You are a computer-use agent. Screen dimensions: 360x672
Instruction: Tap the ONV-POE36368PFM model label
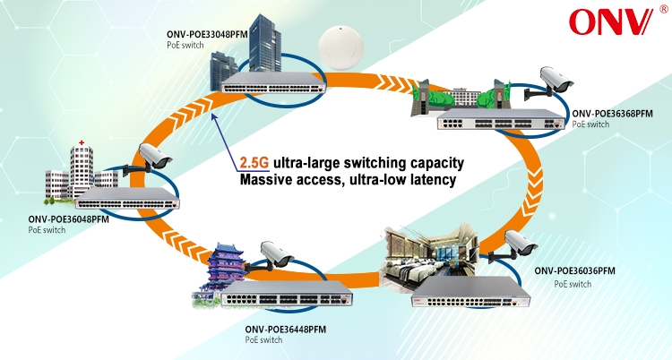pos(610,113)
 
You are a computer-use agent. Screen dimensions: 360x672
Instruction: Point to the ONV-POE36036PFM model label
pos(574,270)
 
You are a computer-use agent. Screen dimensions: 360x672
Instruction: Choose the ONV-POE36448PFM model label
pos(286,330)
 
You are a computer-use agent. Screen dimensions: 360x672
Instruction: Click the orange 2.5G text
pos(254,162)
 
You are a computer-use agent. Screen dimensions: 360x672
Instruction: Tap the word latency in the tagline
pos(435,181)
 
